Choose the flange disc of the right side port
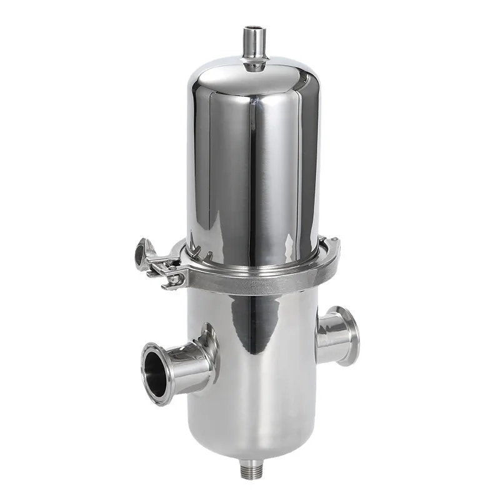pyautogui.click(x=347, y=334)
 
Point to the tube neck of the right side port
pyautogui.click(x=328, y=337)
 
